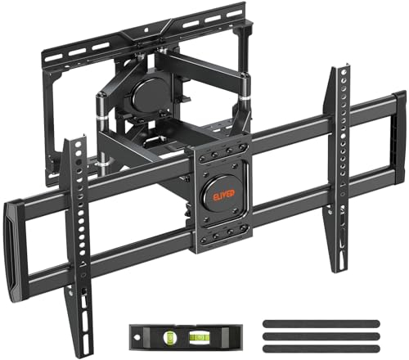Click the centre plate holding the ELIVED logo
[x=222, y=196]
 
